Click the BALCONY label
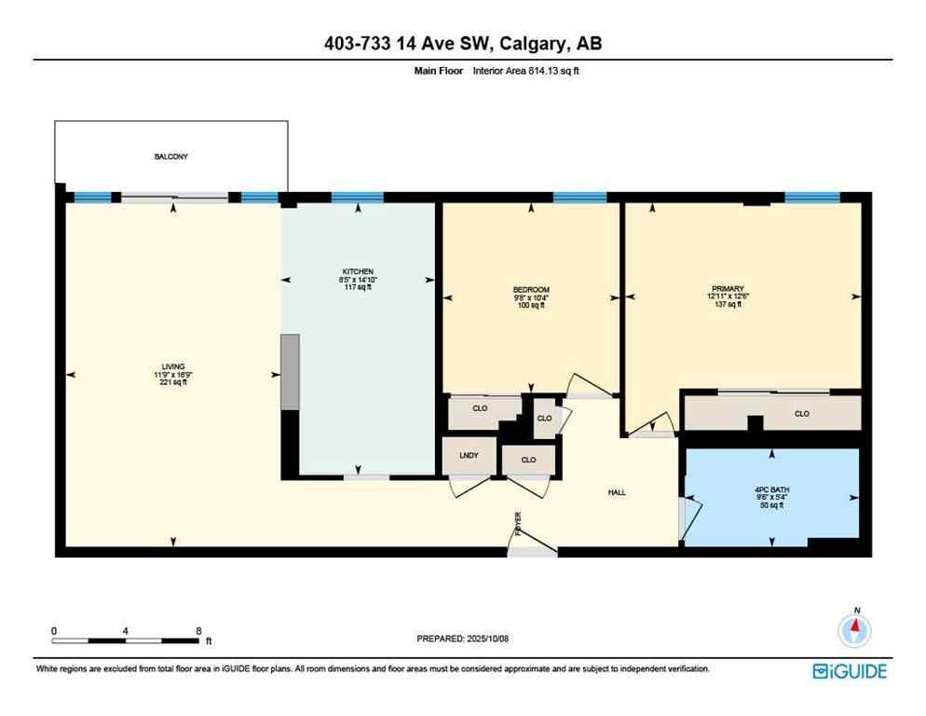tap(170, 157)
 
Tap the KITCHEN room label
tap(357, 270)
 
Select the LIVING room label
tap(172, 366)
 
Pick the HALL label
tap(616, 492)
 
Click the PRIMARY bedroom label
tap(723, 288)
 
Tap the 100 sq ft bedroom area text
tap(531, 305)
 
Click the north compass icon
tap(854, 631)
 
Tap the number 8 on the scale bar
tap(198, 630)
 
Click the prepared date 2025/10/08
tap(463, 639)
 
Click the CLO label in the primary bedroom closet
tap(801, 413)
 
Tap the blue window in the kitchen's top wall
tap(357, 197)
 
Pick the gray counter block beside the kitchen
tap(291, 371)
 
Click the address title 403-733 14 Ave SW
tap(462, 43)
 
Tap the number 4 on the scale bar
tap(125, 630)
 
